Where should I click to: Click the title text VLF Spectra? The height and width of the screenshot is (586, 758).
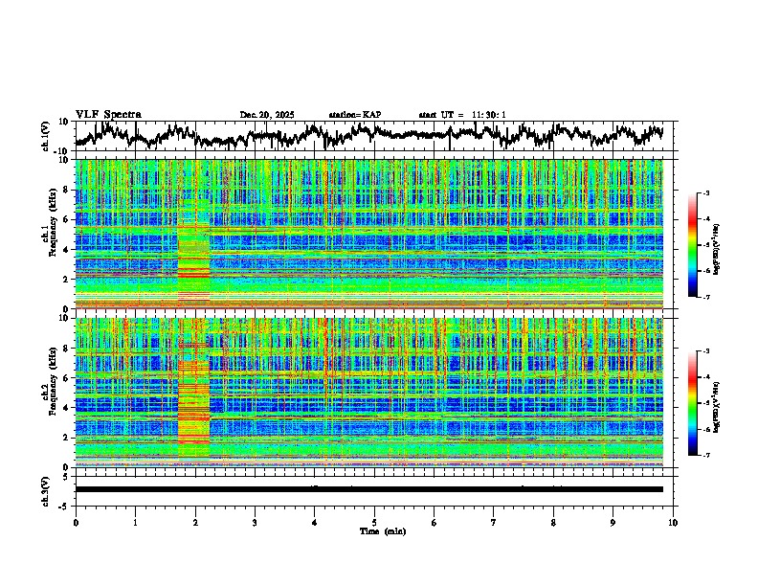[x=108, y=115]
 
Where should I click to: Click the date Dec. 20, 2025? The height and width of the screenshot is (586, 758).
[x=267, y=115]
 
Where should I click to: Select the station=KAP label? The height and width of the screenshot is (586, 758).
[x=355, y=115]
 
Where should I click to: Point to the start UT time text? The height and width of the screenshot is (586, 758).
[x=462, y=115]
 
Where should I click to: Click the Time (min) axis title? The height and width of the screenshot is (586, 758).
[x=374, y=530]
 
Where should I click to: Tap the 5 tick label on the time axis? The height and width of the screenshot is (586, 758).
[x=374, y=523]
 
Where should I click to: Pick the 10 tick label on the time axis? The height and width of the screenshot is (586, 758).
[x=673, y=523]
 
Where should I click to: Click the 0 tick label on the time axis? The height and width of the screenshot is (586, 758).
[x=76, y=523]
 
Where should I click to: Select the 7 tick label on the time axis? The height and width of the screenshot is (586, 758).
[x=494, y=523]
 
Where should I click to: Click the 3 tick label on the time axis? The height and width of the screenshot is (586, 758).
[x=255, y=523]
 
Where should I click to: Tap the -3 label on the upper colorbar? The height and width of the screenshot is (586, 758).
[x=706, y=194]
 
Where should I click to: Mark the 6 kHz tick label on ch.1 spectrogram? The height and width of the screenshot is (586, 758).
[x=66, y=219]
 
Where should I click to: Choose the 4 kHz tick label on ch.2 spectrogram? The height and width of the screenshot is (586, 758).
[x=66, y=408]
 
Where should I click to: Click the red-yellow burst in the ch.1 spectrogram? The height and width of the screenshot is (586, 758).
[x=193, y=263]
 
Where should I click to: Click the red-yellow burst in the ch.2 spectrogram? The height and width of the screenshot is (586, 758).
[x=193, y=393]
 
